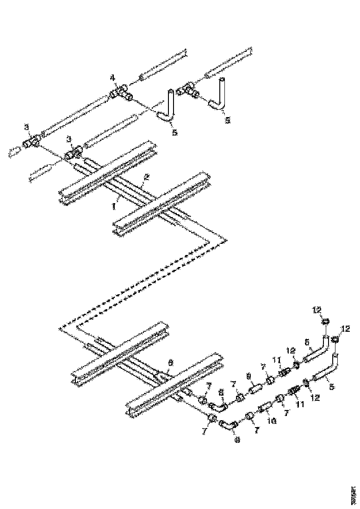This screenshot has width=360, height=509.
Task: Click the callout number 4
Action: point(112,76)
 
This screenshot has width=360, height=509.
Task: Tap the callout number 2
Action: point(147,177)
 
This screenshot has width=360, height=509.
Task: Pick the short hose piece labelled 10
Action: point(264,409)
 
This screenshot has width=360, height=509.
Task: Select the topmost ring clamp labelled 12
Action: point(326,321)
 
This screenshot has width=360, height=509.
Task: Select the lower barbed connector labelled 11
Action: point(294,391)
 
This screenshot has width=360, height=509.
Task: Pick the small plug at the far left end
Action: point(15,151)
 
